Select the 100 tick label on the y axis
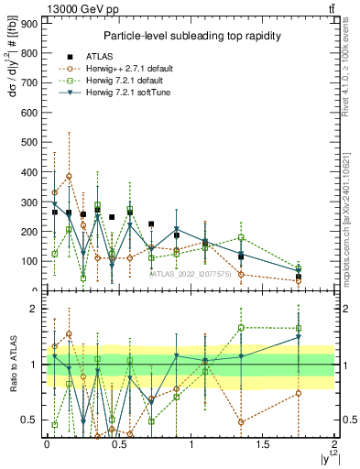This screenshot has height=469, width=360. click(x=29, y=261)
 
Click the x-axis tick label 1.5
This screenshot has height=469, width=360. click(x=263, y=444)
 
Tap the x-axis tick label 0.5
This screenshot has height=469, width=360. click(x=119, y=444)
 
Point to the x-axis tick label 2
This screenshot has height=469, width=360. click(x=335, y=444)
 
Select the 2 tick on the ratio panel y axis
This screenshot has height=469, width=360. click(x=33, y=309)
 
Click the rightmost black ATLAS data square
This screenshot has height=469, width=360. click(x=299, y=277)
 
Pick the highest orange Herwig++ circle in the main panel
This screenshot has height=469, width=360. click(x=69, y=176)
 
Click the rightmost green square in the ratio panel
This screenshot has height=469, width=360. click(x=299, y=328)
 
